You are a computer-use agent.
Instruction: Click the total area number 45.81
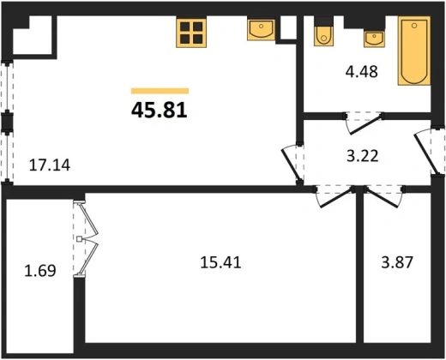coord(160,111)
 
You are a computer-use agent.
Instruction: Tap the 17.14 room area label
coord(50,165)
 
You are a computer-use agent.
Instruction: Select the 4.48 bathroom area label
coord(362,71)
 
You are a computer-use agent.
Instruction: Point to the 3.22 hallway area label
coord(363,156)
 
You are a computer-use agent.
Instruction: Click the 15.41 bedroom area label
coord(220,262)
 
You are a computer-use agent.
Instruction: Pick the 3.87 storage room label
coord(397,262)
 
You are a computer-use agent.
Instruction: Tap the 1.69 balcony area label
coord(40,271)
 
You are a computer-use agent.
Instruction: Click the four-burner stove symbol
coord(191,33)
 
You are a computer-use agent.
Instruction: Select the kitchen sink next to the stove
coord(261,29)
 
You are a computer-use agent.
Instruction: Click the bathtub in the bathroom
coord(414,51)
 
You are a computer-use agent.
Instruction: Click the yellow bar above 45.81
coord(160,91)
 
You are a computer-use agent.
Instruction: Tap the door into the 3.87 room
coord(383,196)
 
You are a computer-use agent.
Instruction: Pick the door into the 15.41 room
coord(334,196)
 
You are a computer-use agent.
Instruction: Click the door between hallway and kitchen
coord(292,164)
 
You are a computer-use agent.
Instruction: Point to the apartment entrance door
coord(428,151)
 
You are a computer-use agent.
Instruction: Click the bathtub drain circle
coord(414,26)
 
